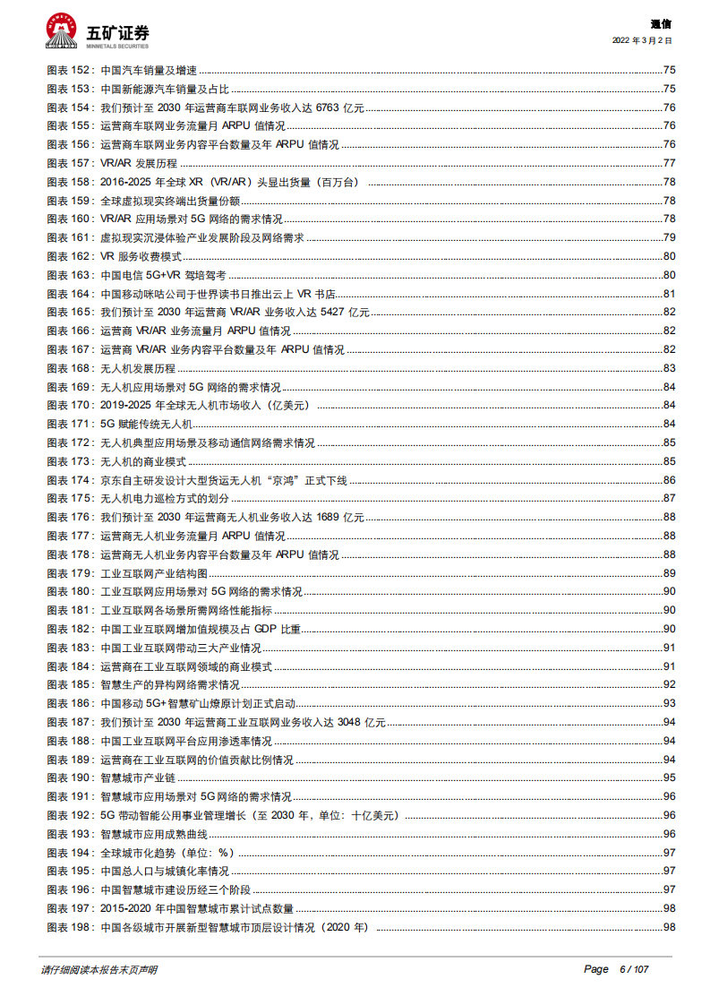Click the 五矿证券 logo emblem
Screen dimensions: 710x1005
(61, 30)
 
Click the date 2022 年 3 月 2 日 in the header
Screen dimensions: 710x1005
(642, 40)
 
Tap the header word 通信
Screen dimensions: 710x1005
(661, 24)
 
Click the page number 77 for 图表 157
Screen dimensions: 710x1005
(669, 163)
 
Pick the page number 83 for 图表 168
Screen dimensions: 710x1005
(669, 369)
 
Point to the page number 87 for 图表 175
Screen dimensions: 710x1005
(669, 499)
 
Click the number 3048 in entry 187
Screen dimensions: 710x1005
(350, 723)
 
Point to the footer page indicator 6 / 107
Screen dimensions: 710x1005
(633, 970)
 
